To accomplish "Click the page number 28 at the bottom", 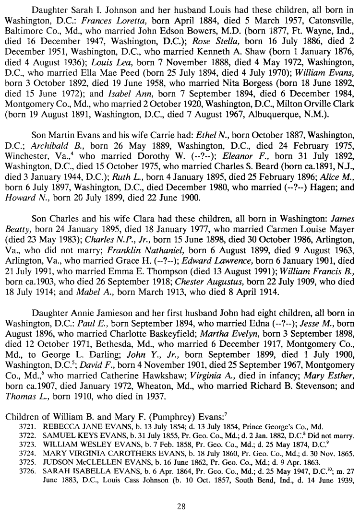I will coord(180,504).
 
